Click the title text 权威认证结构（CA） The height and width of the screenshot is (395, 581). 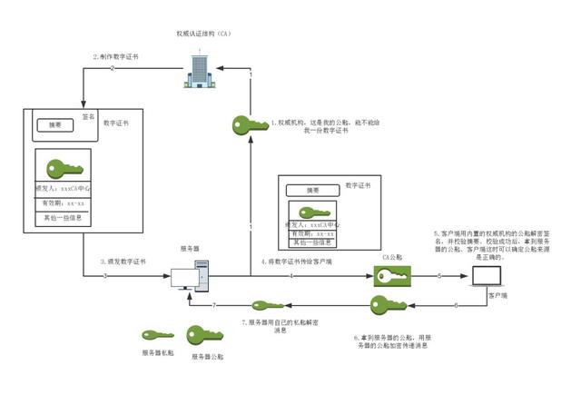tap(204, 34)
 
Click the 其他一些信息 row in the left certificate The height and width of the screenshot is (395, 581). tap(64, 218)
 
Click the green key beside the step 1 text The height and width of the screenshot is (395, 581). tap(251, 123)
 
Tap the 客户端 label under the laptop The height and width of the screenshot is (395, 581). tap(499, 296)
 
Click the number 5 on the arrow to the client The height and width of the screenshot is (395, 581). tap(438, 275)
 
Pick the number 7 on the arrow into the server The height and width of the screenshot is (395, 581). tap(213, 305)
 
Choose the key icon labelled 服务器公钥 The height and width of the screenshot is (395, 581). tap(206, 337)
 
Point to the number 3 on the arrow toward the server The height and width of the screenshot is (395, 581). tap(105, 275)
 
